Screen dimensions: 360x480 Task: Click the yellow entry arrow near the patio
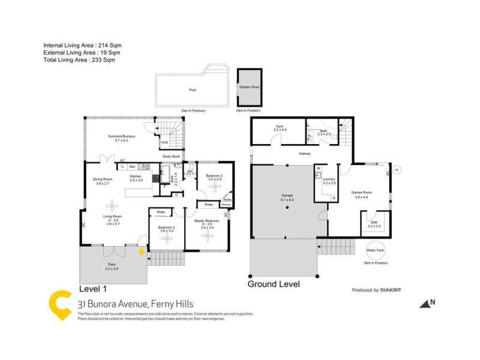[x=142, y=252]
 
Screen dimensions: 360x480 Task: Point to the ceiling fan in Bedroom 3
[x=215, y=187]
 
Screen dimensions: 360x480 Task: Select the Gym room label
[x=280, y=127]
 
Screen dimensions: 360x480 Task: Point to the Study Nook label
[x=171, y=157]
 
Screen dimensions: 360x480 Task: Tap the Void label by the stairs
[x=164, y=142]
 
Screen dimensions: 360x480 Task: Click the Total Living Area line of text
[x=79, y=60]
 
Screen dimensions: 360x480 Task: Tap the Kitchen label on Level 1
[x=136, y=176]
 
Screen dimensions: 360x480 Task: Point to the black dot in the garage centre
[x=287, y=208]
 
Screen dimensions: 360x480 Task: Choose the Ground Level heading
[x=274, y=284]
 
